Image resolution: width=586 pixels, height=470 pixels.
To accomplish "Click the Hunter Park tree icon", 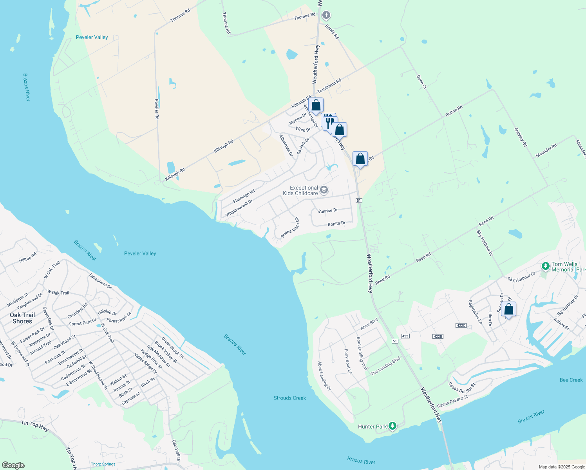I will [x=392, y=426].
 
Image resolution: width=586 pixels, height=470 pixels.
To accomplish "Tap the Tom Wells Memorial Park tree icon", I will [x=545, y=266].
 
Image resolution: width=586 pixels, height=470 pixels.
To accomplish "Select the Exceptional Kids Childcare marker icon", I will [x=324, y=190].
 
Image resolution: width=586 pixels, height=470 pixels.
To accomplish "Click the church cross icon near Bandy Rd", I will [x=326, y=15].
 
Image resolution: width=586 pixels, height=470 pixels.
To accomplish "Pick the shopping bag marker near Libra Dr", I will [x=508, y=309].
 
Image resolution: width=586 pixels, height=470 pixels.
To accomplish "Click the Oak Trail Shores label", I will [x=22, y=318].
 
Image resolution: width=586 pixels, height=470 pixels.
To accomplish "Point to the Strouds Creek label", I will [x=290, y=398].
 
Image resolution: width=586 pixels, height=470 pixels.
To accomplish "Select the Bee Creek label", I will [x=571, y=380].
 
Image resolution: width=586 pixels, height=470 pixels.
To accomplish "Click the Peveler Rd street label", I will [x=157, y=109].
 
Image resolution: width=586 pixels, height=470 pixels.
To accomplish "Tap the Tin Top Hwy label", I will [x=35, y=426].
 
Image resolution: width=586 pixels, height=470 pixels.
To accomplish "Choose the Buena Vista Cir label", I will [x=290, y=228].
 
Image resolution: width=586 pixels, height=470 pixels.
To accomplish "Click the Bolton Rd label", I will [x=454, y=110].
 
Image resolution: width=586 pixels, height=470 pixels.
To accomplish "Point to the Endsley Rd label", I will [x=521, y=137].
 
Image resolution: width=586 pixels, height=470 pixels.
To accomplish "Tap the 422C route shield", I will [x=461, y=325].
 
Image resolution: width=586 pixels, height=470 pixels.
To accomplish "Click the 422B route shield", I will [x=438, y=336].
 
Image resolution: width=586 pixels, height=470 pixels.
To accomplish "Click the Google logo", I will [x=13, y=465].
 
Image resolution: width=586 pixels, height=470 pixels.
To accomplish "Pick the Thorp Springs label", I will [x=103, y=464].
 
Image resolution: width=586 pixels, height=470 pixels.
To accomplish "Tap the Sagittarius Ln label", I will [x=475, y=312].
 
